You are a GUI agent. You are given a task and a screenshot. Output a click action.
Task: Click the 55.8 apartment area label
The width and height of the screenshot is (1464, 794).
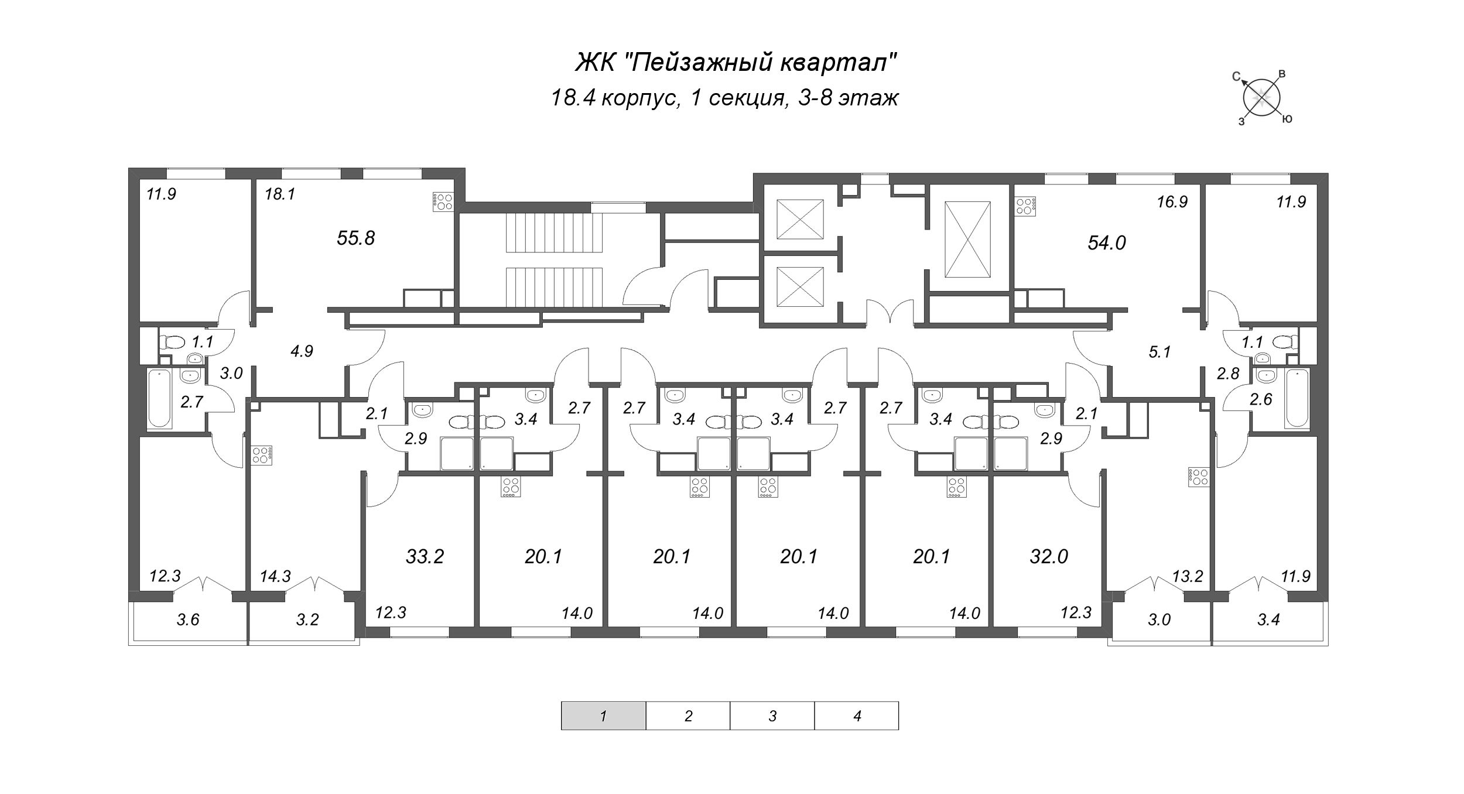pyautogui.click(x=355, y=238)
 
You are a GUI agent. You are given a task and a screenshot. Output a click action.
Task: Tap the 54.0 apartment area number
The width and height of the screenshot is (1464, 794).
pyautogui.click(x=1107, y=243)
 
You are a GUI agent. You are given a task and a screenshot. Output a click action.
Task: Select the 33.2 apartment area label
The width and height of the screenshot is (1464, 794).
pyautogui.click(x=425, y=556)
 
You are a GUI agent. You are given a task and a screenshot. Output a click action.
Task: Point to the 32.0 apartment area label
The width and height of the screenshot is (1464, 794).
pyautogui.click(x=1049, y=556)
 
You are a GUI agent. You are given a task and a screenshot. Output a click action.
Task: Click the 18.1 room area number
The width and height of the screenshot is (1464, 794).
pyautogui.click(x=279, y=194)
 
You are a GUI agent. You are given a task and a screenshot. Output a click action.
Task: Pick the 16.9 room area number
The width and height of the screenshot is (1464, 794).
pyautogui.click(x=1172, y=202)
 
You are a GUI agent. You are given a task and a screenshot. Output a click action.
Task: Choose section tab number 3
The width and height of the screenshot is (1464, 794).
pyautogui.click(x=772, y=716)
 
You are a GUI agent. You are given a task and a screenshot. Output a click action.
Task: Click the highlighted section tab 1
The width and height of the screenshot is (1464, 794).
pyautogui.click(x=603, y=716)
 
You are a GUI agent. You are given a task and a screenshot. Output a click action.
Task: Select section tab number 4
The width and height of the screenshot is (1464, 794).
pyautogui.click(x=857, y=716)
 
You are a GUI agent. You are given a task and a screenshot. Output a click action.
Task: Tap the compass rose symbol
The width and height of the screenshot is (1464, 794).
pyautogui.click(x=1261, y=98)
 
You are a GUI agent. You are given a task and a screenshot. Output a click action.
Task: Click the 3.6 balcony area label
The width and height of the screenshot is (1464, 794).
pyautogui.click(x=188, y=620)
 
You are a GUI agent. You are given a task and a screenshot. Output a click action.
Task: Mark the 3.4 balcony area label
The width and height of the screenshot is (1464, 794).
pyautogui.click(x=1268, y=620)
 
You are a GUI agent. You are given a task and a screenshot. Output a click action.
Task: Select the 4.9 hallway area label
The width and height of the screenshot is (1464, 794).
pyautogui.click(x=302, y=351)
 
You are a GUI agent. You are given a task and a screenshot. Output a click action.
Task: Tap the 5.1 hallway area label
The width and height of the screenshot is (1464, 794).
pyautogui.click(x=1159, y=352)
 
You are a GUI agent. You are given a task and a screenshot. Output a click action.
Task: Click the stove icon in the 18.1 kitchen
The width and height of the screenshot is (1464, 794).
pyautogui.click(x=443, y=201)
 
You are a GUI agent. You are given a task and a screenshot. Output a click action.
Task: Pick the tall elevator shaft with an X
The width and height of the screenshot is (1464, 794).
pyautogui.click(x=968, y=239)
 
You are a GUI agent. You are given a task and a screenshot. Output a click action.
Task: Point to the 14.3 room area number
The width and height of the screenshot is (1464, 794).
pyautogui.click(x=275, y=577)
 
